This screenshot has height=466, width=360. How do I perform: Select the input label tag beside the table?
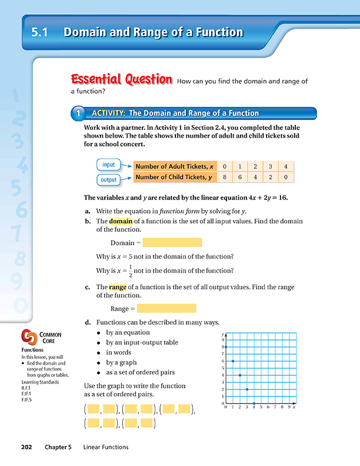[x=108, y=165]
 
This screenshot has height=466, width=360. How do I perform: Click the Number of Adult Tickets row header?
[x=174, y=167]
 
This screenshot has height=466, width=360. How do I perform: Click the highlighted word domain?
[x=122, y=221]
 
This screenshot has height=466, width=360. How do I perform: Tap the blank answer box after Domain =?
[x=172, y=242]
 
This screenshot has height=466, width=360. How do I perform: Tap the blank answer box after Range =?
[x=166, y=308]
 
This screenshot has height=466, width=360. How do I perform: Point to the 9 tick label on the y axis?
[x=222, y=339]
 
